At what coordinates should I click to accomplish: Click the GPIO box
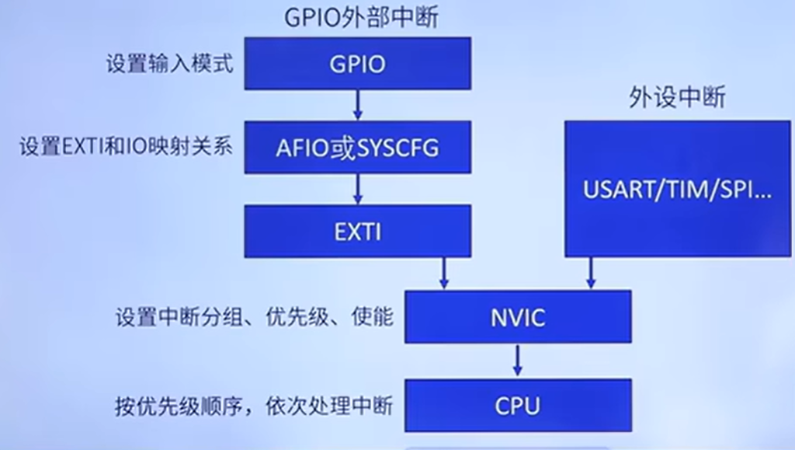click(357, 64)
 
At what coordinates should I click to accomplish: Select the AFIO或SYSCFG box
click(357, 147)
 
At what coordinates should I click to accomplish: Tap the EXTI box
click(357, 232)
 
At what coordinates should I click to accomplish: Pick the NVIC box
click(518, 317)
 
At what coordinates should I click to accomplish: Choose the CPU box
click(518, 405)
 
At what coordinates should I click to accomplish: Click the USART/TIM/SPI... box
click(678, 189)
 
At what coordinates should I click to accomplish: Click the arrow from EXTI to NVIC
click(445, 274)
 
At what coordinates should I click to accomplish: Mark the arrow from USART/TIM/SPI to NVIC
click(591, 274)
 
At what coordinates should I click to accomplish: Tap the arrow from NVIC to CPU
click(518, 361)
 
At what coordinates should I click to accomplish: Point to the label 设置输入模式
click(169, 64)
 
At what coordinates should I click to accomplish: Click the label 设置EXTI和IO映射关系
click(127, 147)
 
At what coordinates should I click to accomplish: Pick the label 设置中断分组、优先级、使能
click(255, 317)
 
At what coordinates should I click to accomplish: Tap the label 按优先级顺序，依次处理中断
click(255, 405)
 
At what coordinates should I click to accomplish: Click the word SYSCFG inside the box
click(399, 147)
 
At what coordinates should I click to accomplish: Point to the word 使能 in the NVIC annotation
click(377, 317)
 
